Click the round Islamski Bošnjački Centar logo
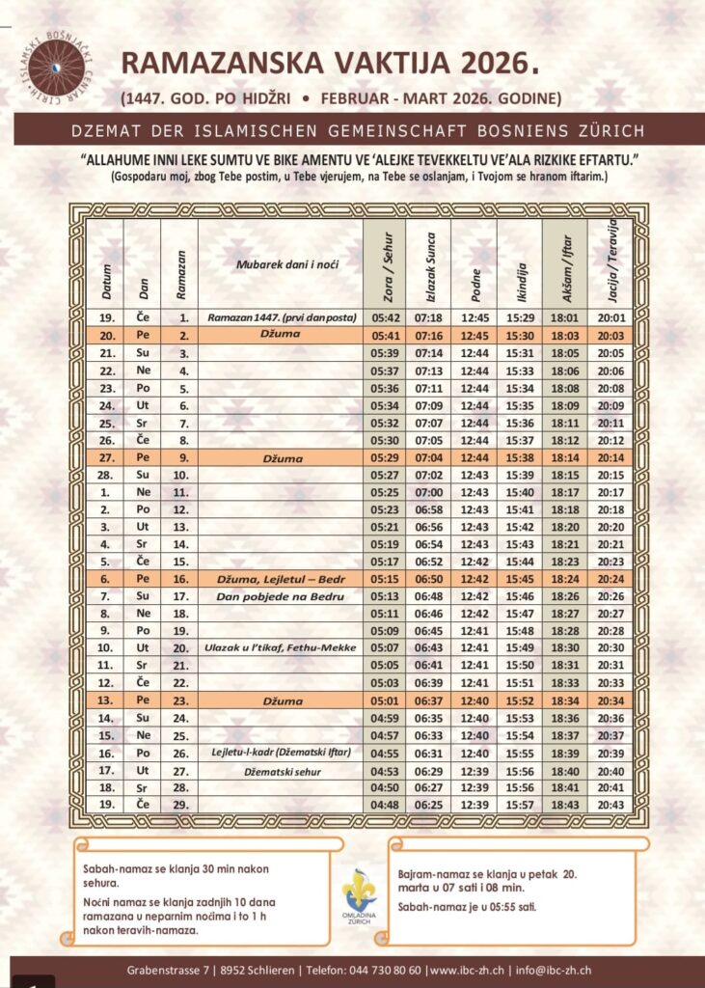pos(55,67)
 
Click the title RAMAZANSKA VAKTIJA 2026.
pos(328,64)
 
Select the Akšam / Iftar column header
pos(563,263)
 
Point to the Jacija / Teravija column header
pos(611,263)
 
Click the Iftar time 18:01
pos(563,317)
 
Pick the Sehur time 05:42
pos(386,317)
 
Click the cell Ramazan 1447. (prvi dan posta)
pos(282,317)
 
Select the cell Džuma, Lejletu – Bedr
pos(282,579)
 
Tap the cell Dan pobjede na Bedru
pos(282,596)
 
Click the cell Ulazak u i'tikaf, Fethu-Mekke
pos(282,647)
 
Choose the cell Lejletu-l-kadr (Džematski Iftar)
pos(282,753)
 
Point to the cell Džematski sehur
pos(282,771)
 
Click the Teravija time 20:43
pos(611,805)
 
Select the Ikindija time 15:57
pos(520,805)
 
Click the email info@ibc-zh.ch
pos(553,970)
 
